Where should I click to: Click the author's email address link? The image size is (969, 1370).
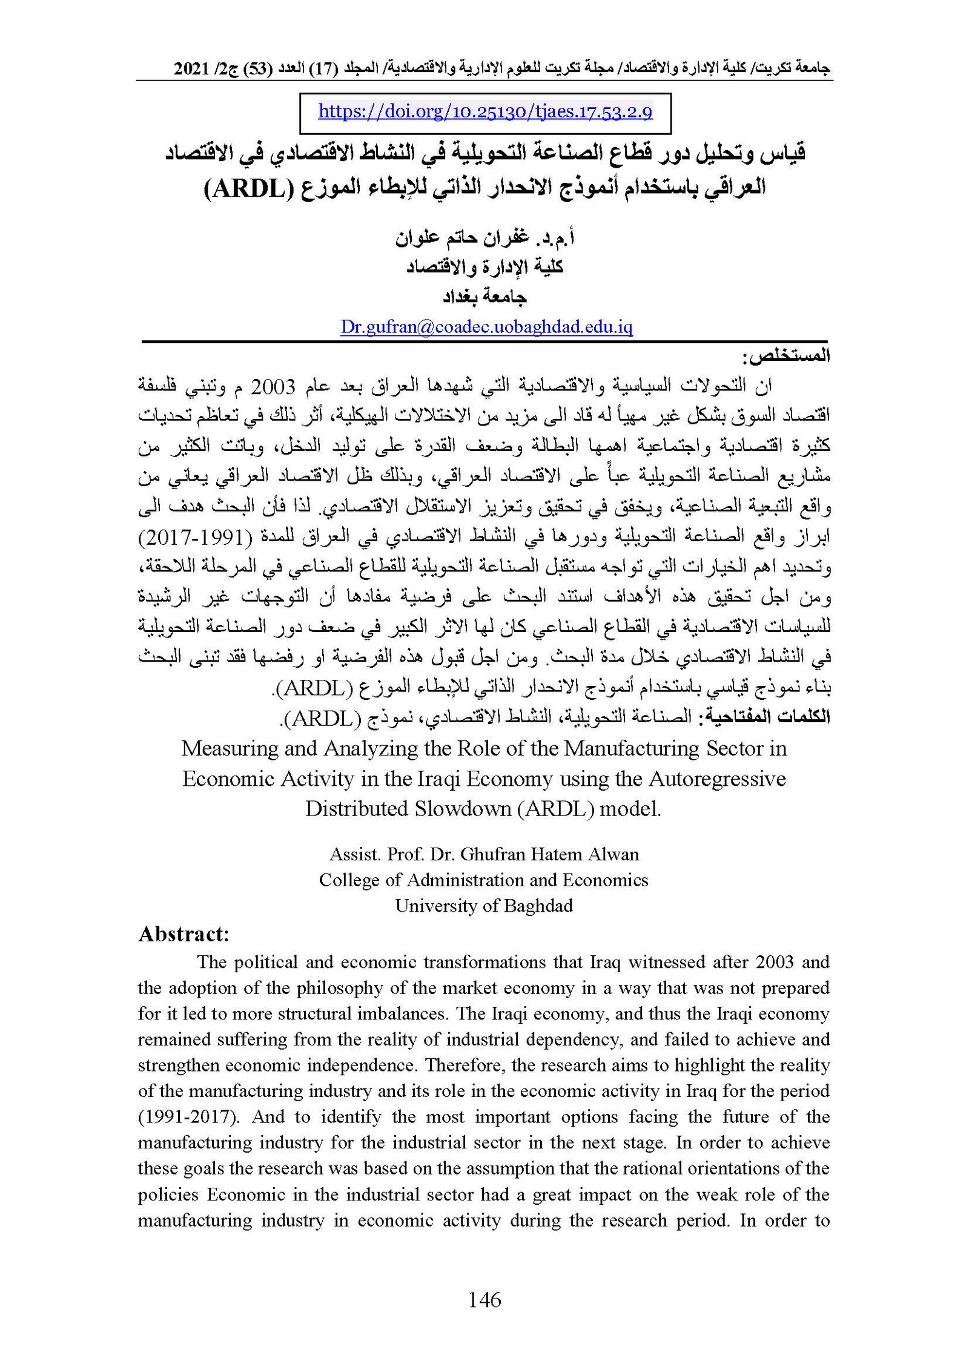coord(486,328)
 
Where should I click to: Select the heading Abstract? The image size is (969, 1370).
coord(184,934)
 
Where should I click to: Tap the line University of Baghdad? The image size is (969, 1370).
coord(484,906)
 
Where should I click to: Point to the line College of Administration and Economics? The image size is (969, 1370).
coord(483,880)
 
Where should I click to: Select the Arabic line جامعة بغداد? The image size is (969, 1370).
coord(485,297)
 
